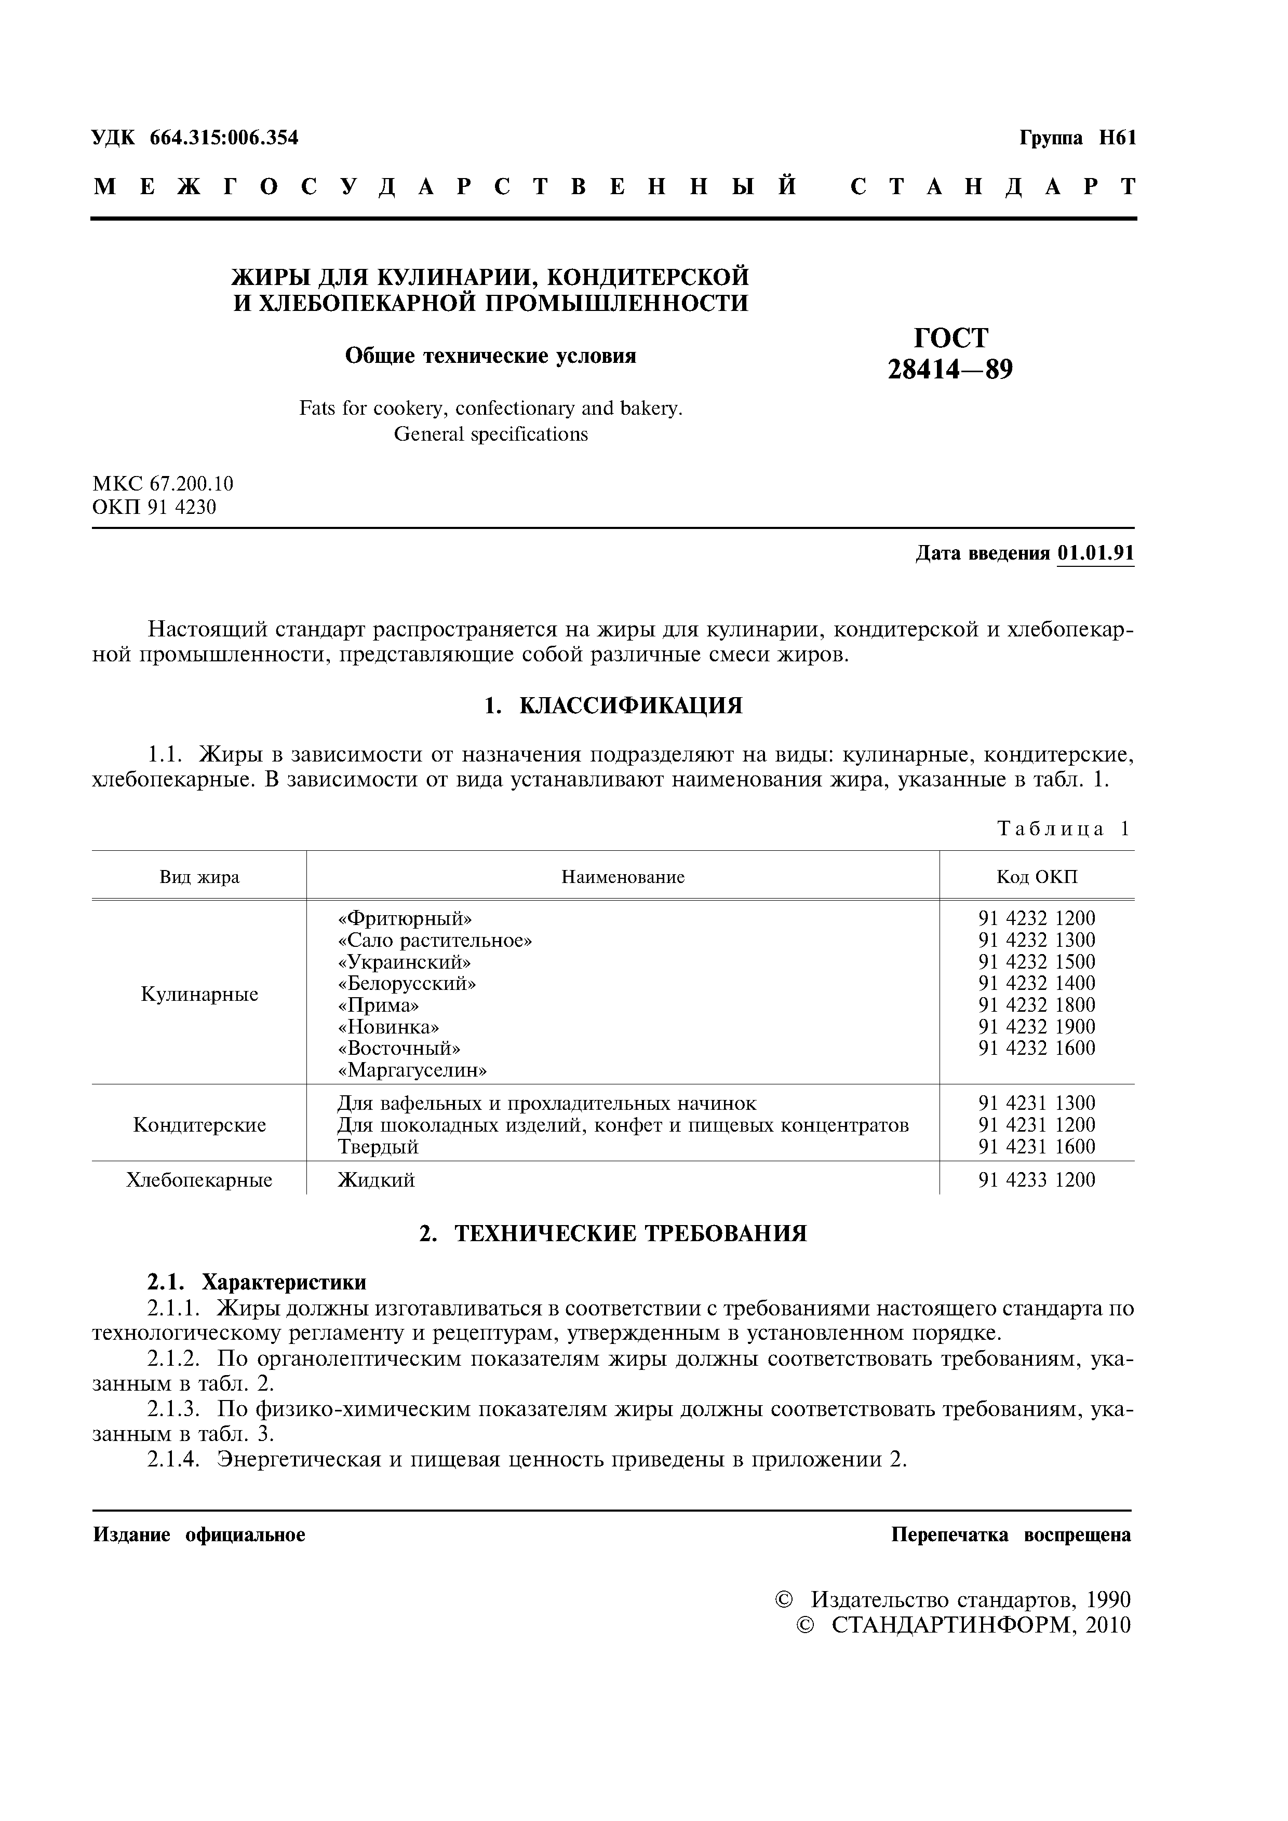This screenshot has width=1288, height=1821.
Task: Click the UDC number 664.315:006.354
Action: pos(224,138)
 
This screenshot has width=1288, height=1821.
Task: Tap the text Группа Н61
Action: pos(1077,138)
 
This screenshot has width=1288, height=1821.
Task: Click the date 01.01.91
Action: pos(1095,553)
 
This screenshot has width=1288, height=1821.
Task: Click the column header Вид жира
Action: pos(199,877)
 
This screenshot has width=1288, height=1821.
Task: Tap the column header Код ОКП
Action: pos(1037,877)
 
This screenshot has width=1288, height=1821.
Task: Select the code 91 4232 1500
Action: pos(1037,962)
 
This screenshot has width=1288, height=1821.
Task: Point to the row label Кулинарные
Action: pos(199,995)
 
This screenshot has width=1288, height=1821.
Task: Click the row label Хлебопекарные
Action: pos(199,1180)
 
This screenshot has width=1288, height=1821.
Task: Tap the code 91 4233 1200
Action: pos(1037,1180)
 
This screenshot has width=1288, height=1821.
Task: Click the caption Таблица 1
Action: pos(1063,830)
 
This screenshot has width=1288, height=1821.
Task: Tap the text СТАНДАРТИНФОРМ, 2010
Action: pos(980,1625)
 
